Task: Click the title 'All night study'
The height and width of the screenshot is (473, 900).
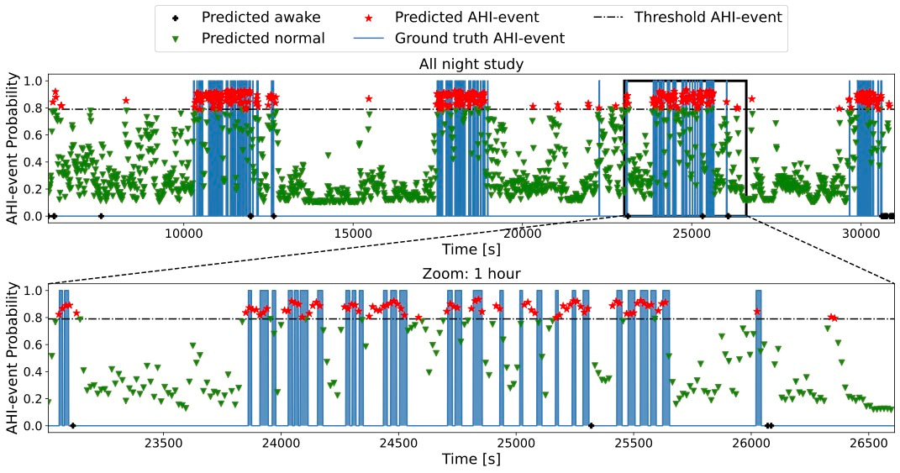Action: pos(471,65)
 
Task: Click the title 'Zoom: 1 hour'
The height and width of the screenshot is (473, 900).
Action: pos(471,273)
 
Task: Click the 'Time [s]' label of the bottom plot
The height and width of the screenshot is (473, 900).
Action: pos(471,459)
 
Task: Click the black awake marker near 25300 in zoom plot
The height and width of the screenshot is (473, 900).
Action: pos(591,425)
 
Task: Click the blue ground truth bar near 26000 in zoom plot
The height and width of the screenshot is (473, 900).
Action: pos(758,357)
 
